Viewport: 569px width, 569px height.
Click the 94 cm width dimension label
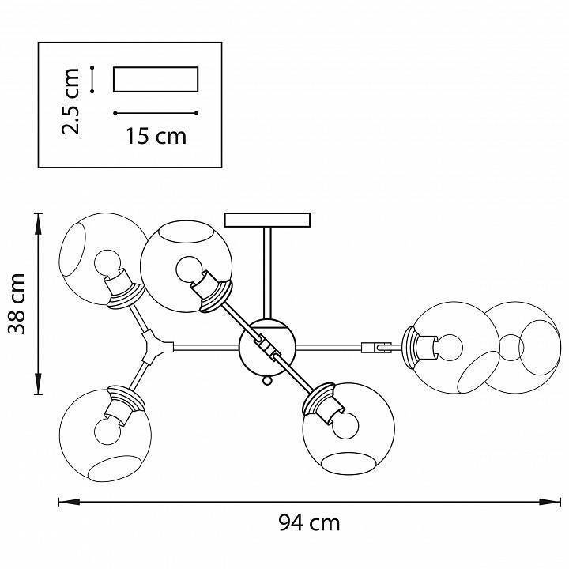309,522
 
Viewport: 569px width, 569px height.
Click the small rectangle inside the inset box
155,80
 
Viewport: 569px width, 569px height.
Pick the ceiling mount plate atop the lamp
268,219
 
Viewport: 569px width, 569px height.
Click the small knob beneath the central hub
267,382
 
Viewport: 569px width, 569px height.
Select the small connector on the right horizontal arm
376,346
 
